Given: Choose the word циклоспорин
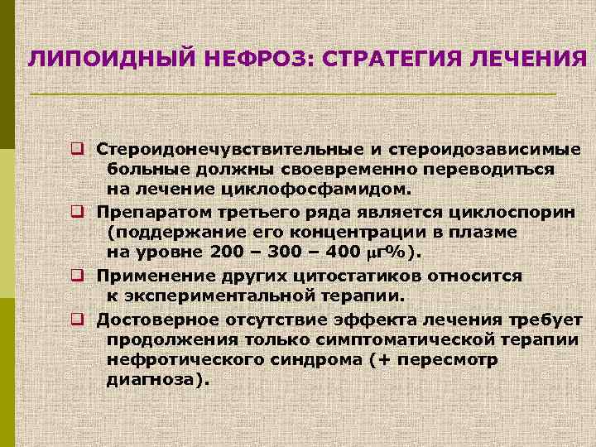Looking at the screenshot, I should [513, 213].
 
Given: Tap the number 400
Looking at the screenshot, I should [339, 252].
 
